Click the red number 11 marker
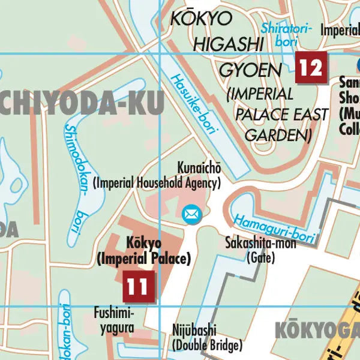(x=139, y=286)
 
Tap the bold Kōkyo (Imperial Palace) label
(x=144, y=251)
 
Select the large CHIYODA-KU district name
(x=81, y=103)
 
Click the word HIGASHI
(x=228, y=44)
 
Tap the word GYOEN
(x=250, y=71)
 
